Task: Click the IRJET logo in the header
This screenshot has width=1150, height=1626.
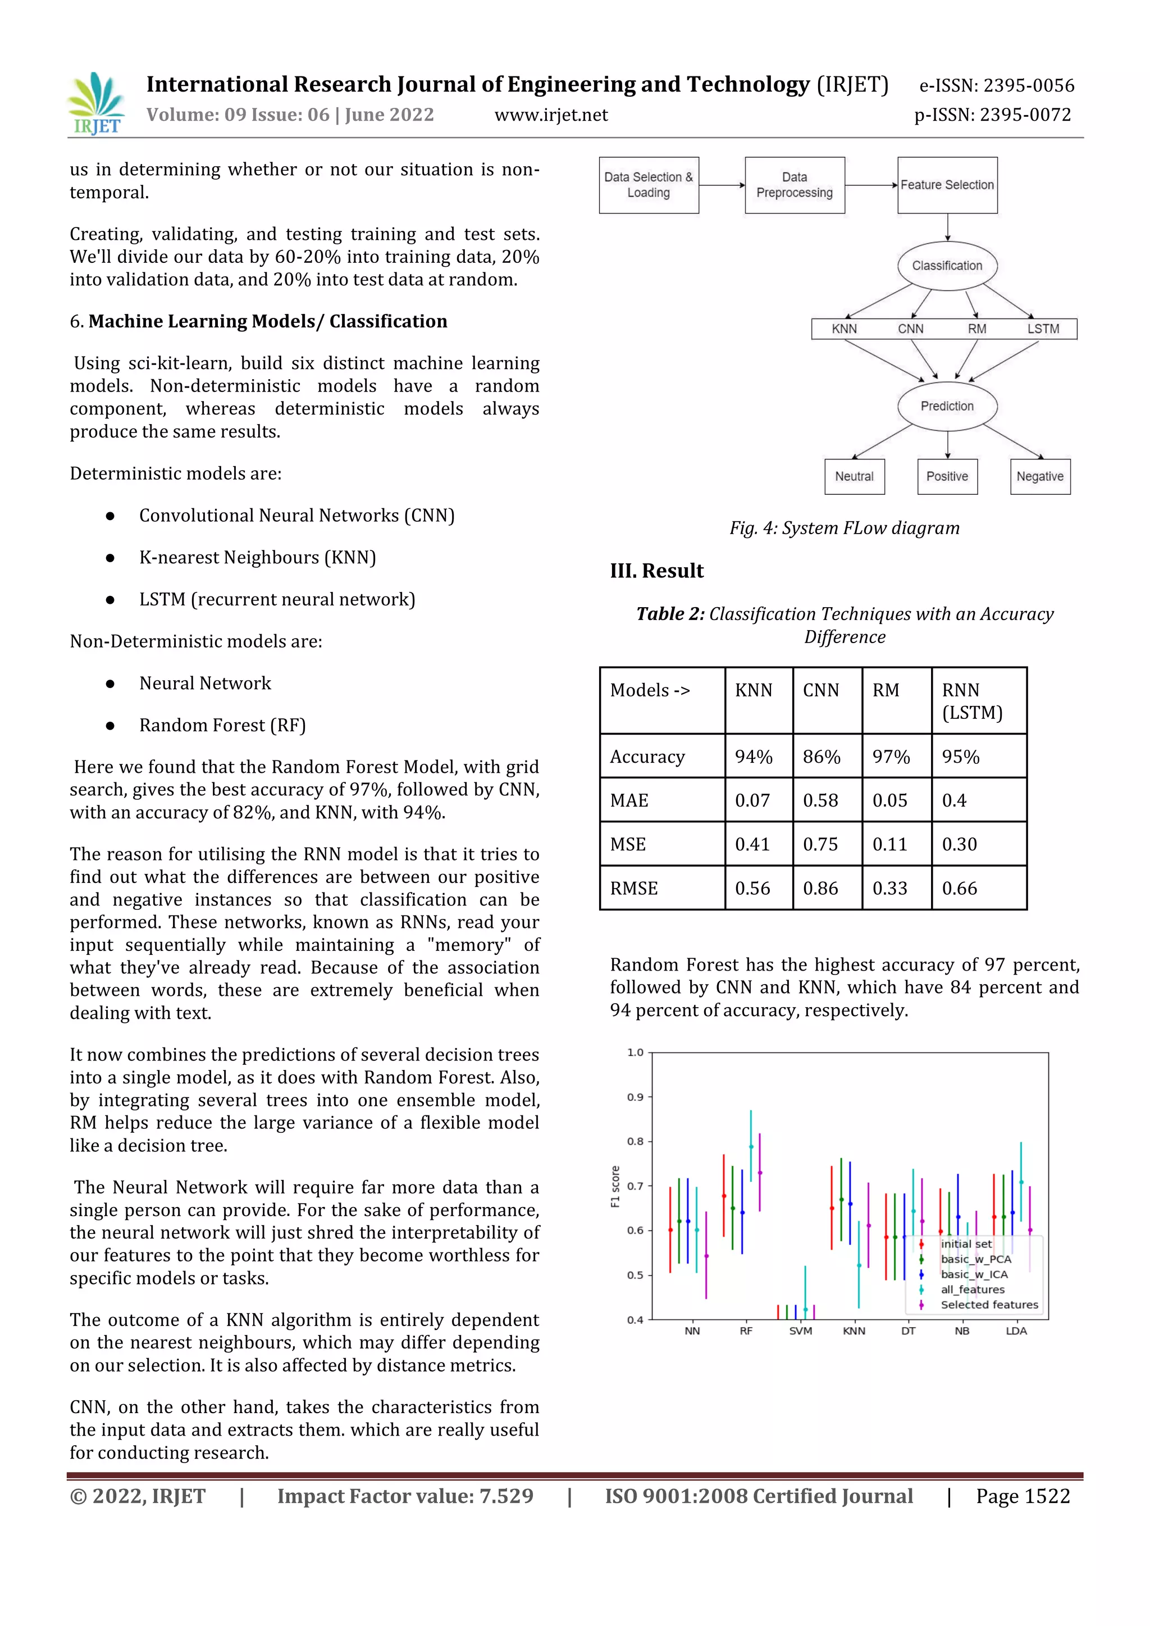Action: click(x=97, y=103)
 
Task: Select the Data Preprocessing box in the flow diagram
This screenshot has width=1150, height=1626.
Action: click(x=794, y=185)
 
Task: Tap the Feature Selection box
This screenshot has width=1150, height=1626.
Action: click(x=947, y=185)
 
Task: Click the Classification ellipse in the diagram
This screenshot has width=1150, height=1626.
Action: click(x=947, y=266)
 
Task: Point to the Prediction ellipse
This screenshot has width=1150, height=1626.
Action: click(x=947, y=406)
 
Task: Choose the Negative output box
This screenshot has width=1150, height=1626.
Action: click(x=1039, y=477)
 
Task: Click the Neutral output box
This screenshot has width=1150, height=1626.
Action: click(x=854, y=477)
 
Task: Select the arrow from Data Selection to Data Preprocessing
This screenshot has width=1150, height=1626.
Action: click(x=722, y=185)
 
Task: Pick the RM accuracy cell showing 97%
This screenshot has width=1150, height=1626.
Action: click(x=891, y=757)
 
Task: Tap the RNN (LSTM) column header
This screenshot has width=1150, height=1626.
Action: click(x=971, y=701)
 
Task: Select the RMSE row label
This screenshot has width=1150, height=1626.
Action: click(x=634, y=888)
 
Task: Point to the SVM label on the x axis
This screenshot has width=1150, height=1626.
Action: click(x=800, y=1331)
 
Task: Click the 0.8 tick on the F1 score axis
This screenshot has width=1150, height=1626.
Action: click(x=635, y=1142)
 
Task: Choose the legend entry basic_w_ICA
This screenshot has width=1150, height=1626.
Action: click(x=974, y=1274)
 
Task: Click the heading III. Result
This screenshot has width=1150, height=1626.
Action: click(x=656, y=571)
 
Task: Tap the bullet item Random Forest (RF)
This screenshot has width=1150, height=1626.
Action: click(x=222, y=725)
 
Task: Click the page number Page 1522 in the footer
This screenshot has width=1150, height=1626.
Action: click(x=1023, y=1496)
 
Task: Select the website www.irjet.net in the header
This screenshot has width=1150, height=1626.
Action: click(x=551, y=115)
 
